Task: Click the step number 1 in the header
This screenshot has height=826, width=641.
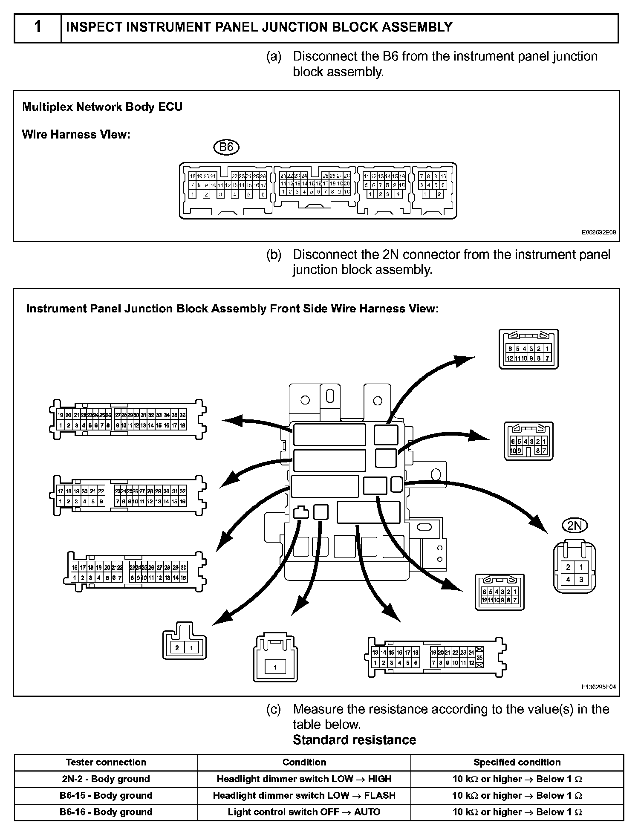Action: point(38,27)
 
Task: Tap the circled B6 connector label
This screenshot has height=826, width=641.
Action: point(226,147)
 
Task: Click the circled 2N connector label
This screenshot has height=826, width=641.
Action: point(575,526)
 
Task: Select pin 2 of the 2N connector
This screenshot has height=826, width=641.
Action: point(568,567)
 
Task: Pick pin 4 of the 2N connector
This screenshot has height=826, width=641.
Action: point(568,580)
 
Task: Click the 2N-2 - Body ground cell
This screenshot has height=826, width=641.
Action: point(106,779)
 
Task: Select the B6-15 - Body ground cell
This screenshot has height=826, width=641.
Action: point(106,795)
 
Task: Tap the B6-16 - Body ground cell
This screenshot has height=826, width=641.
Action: point(106,812)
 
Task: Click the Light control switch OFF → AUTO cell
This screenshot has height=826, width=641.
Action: point(304,812)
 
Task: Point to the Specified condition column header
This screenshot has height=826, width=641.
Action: point(517,762)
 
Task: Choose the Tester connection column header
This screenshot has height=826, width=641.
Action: point(106,762)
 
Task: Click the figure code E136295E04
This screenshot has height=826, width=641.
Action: point(598,687)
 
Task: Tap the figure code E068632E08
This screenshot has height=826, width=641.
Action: point(598,233)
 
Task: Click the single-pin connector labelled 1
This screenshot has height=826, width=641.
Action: point(275,667)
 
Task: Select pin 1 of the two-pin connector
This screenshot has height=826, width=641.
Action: point(191,648)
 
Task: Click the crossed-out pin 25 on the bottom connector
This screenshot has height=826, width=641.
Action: point(479,658)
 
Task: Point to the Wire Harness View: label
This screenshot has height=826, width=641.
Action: point(76,135)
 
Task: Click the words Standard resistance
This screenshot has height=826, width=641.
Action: point(354,739)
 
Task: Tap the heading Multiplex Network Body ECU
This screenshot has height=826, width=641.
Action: point(102,107)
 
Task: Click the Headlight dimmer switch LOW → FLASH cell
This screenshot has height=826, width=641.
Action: point(304,795)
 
